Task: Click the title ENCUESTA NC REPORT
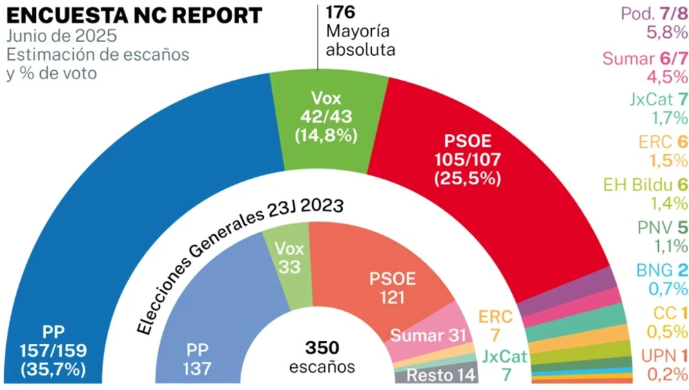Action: [x=134, y=14]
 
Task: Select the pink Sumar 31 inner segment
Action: [x=431, y=335]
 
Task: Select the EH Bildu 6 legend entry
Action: [x=645, y=185]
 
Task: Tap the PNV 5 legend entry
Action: [x=655, y=228]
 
